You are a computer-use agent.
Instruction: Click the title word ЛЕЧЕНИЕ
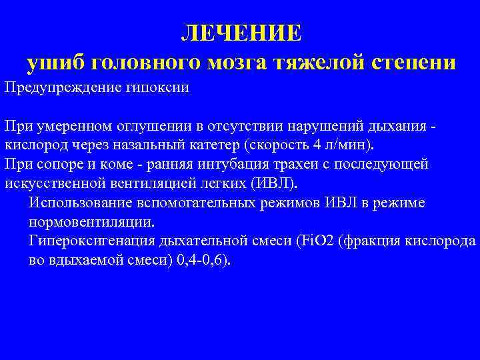tap(241, 33)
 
